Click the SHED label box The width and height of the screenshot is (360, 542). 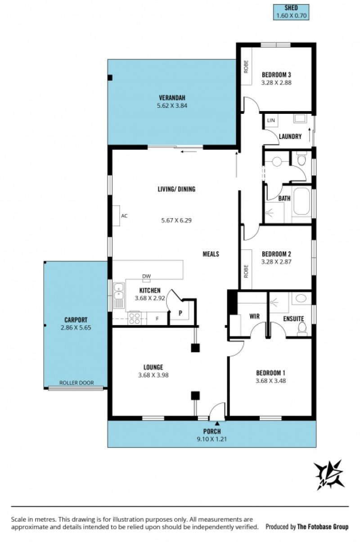pyautogui.click(x=291, y=12)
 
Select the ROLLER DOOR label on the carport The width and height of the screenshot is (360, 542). pyautogui.click(x=76, y=383)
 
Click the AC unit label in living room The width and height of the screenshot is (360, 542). pyautogui.click(x=124, y=216)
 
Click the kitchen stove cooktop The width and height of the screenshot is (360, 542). pyautogui.click(x=135, y=318)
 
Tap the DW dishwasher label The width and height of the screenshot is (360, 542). pyautogui.click(x=146, y=276)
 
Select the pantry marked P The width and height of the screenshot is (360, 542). pyautogui.click(x=180, y=313)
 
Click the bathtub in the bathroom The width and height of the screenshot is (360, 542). pyautogui.click(x=301, y=202)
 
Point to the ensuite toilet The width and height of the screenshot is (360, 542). pyautogui.click(x=301, y=329)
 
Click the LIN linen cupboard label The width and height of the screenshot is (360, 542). pyautogui.click(x=271, y=120)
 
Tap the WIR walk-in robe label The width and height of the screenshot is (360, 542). pyautogui.click(x=254, y=316)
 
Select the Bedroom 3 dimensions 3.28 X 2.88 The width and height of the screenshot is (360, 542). pyautogui.click(x=276, y=82)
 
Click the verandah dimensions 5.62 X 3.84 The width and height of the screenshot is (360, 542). pyautogui.click(x=172, y=106)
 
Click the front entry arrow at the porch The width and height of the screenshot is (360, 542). pyautogui.click(x=217, y=423)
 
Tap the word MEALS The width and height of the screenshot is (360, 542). pyautogui.click(x=211, y=254)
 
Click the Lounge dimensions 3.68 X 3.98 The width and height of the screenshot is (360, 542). pyautogui.click(x=153, y=375)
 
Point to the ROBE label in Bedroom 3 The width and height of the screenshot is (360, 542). pyautogui.click(x=246, y=67)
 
